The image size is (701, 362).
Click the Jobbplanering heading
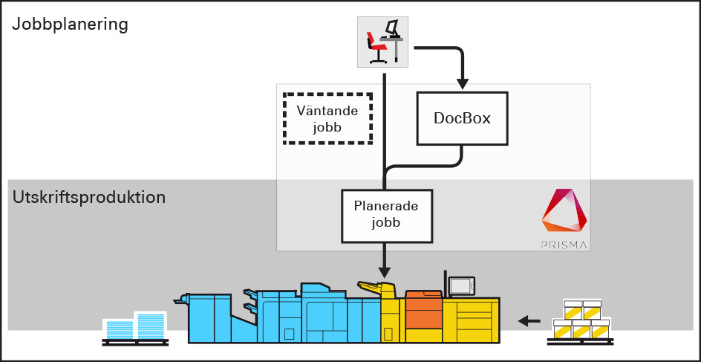[71, 24]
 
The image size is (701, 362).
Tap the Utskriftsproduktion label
[88, 198]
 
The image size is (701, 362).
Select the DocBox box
[462, 118]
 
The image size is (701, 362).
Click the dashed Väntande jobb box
[327, 118]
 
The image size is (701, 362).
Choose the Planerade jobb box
[386, 215]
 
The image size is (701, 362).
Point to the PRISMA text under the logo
[564, 244]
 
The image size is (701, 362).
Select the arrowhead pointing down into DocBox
[462, 82]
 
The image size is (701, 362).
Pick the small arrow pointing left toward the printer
[529, 321]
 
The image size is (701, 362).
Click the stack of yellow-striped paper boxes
[581, 320]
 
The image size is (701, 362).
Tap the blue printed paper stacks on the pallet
[134, 326]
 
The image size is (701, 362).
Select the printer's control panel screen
[461, 285]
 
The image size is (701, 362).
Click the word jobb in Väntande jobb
[327, 127]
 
